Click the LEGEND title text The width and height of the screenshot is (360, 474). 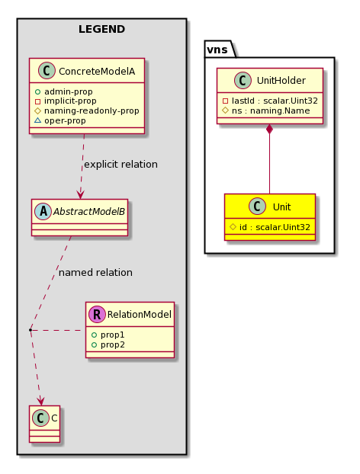101,29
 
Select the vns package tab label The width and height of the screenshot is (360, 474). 217,50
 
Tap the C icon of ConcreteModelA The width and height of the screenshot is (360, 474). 47,70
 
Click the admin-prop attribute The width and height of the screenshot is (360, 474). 69,91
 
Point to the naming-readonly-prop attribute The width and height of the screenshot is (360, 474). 92,110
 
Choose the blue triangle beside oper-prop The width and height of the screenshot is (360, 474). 37,120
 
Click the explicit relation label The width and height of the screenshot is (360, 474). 121,164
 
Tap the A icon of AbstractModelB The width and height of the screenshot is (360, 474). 43,211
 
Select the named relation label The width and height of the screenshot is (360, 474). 95,272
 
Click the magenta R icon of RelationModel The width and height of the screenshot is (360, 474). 97,314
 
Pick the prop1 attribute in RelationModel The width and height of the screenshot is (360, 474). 112,335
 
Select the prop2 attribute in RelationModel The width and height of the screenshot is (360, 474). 113,344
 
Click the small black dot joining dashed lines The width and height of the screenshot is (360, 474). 31,330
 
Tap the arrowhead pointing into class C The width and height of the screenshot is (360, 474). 40,401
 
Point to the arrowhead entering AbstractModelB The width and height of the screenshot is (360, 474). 81,194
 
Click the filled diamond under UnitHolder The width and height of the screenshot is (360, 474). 269,129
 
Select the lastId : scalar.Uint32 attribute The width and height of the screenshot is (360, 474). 275,101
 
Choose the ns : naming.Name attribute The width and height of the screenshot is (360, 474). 271,110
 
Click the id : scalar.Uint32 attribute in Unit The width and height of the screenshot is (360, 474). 275,227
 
